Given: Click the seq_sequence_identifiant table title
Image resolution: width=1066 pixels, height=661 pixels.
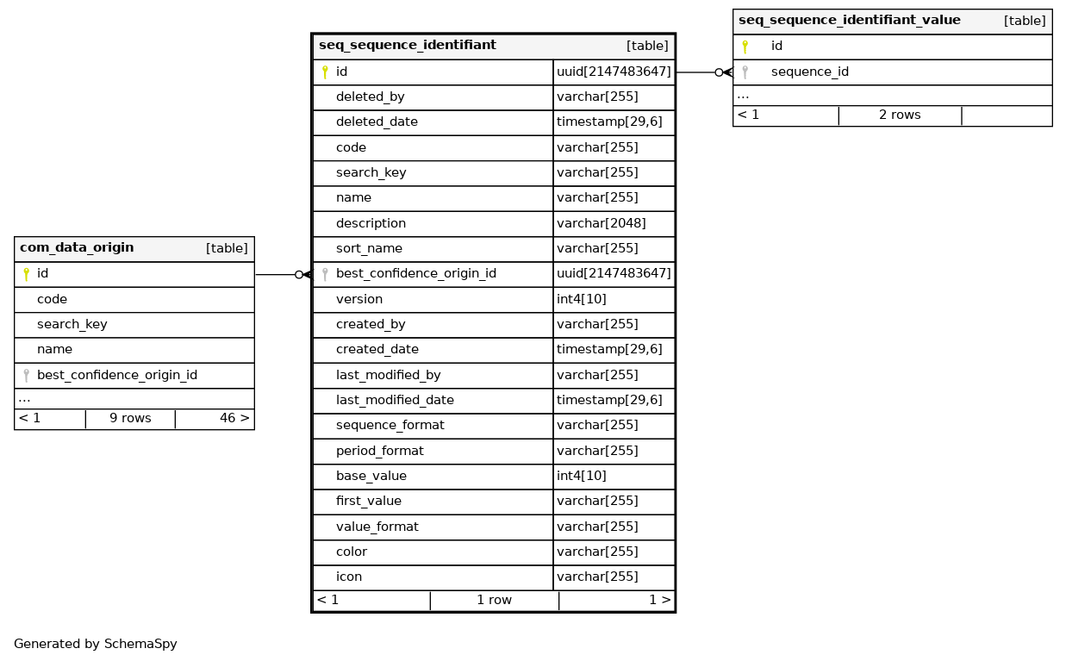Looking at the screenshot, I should [407, 46].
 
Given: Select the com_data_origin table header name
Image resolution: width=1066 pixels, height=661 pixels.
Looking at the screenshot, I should [77, 248].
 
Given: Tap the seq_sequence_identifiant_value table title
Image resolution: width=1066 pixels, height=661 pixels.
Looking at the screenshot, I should [849, 21].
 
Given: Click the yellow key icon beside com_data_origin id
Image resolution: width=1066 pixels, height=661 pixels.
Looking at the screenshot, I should [26, 274].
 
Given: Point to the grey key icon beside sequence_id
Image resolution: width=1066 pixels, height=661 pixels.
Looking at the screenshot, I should [745, 72].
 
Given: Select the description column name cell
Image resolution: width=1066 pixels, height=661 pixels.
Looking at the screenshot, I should [371, 223].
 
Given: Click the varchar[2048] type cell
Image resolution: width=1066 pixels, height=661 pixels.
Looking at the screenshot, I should [601, 223].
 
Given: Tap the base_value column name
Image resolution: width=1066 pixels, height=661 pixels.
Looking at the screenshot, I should [371, 476].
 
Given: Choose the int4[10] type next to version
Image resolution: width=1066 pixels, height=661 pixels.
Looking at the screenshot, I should [582, 299].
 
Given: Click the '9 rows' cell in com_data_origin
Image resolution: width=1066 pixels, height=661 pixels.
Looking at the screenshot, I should [130, 419].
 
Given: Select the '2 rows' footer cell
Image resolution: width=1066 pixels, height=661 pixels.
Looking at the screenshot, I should [900, 115].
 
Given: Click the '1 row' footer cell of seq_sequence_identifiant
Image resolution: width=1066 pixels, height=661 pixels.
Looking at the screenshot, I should [494, 600].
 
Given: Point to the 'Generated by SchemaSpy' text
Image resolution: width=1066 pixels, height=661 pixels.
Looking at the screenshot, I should [96, 644].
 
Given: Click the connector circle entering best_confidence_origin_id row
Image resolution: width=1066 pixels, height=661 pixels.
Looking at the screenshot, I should [299, 275].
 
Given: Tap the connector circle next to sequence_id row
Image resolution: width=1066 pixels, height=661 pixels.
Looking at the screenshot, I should [719, 72].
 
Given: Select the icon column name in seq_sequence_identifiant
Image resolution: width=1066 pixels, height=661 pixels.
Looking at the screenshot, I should [348, 577].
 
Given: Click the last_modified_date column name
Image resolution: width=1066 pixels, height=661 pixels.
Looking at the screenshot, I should [395, 400].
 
